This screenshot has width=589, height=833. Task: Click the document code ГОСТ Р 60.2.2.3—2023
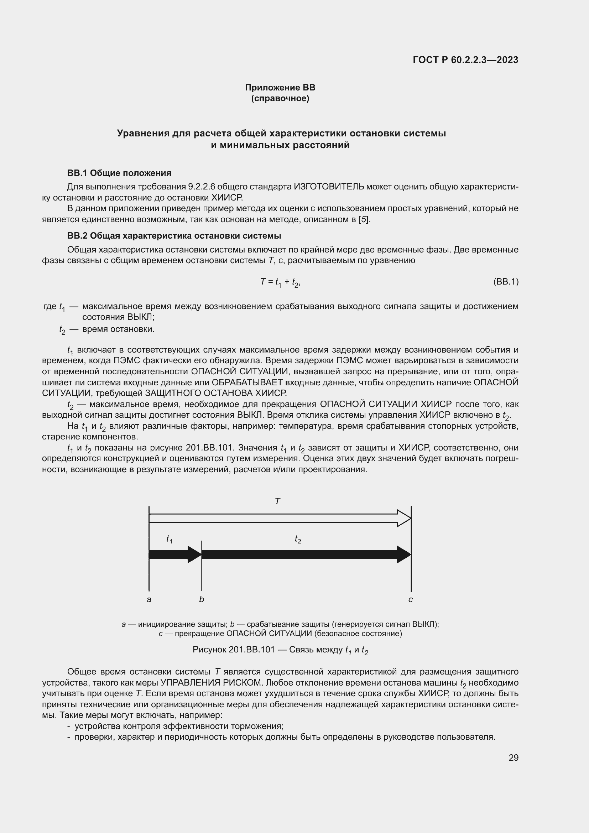[x=465, y=60]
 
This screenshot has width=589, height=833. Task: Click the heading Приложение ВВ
[x=280, y=88]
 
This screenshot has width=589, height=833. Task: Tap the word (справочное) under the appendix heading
[x=280, y=98]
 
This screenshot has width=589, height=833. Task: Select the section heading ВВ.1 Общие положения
[x=119, y=173]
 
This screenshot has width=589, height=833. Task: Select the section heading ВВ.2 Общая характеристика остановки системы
[x=174, y=236]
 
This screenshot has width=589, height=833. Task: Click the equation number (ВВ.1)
[x=506, y=282]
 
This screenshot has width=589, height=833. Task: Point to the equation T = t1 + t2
[x=280, y=282]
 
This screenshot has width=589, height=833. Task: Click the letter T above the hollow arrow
[x=277, y=501]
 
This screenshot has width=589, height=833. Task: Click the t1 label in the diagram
[x=169, y=539]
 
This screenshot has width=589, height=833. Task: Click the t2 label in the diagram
[x=298, y=539]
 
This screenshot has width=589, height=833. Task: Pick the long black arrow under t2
[x=305, y=555]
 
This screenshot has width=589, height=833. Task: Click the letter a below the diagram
[x=149, y=600]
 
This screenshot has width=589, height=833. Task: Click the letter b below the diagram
[x=202, y=599]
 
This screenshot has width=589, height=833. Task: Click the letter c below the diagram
[x=411, y=600]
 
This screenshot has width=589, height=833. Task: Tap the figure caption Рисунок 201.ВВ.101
[x=280, y=650]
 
